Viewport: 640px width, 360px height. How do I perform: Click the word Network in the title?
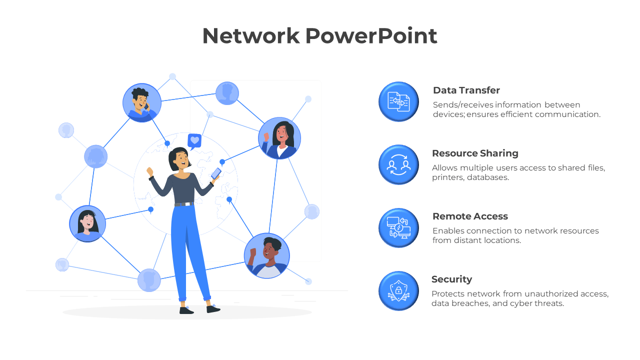[x=251, y=36]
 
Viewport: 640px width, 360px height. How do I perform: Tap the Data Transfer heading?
[x=466, y=90]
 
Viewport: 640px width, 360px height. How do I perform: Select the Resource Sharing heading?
[x=475, y=153]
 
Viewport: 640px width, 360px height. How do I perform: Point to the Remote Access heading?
[x=470, y=216]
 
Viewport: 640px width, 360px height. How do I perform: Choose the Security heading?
[x=451, y=279]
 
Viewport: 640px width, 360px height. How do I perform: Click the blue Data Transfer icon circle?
[x=398, y=101]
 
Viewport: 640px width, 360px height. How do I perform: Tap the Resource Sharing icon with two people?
[x=398, y=164]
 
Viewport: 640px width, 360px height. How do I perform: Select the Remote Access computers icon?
[x=398, y=227]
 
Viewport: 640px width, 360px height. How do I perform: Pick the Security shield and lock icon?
[x=398, y=290]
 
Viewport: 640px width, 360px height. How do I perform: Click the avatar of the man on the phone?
[x=142, y=103]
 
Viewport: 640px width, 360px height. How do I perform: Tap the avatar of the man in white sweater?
[x=267, y=255]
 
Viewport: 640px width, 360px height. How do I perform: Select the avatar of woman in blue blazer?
[x=279, y=138]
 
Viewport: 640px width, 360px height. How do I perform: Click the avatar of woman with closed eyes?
[x=87, y=223]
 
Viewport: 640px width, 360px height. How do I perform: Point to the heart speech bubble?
[x=194, y=141]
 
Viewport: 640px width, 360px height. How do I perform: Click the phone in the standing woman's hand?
[x=216, y=173]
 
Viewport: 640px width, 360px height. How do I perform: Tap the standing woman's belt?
[x=184, y=204]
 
